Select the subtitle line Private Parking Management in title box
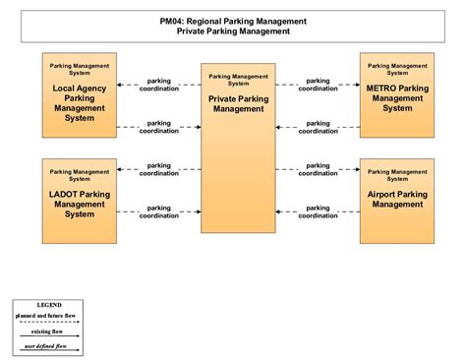pyautogui.click(x=233, y=30)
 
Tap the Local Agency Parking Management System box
pyautogui.click(x=79, y=98)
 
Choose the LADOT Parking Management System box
pyautogui.click(x=79, y=201)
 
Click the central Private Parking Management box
pyautogui.click(x=237, y=148)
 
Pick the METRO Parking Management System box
pyautogui.click(x=397, y=98)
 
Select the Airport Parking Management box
pyautogui.click(x=397, y=201)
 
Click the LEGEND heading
pyautogui.click(x=49, y=305)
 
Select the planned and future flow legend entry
pyautogui.click(x=49, y=317)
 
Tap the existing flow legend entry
pyautogui.click(x=49, y=331)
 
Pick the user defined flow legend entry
pyautogui.click(x=49, y=346)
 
